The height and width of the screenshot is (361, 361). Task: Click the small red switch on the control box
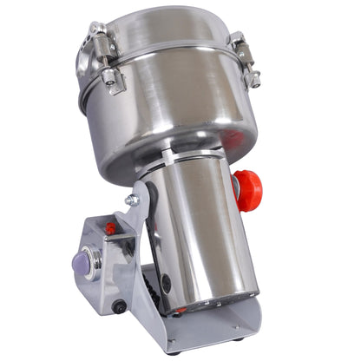click(110, 228)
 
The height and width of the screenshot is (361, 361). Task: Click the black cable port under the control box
click(119, 305)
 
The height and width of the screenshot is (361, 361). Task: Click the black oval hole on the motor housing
click(166, 285)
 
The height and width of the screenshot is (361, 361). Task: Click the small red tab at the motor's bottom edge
click(180, 310)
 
